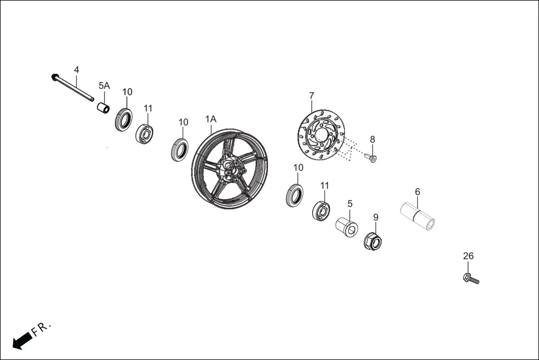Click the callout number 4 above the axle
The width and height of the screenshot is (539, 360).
[77, 70]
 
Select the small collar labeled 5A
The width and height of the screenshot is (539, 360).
[102, 107]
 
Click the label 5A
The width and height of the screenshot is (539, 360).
[104, 85]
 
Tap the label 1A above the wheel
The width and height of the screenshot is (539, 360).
[211, 119]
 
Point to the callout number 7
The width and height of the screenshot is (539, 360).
[312, 95]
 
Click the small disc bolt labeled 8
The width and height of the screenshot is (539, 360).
[373, 159]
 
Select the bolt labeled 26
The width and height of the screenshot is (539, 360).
[471, 279]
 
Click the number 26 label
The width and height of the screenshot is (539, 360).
[468, 256]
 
